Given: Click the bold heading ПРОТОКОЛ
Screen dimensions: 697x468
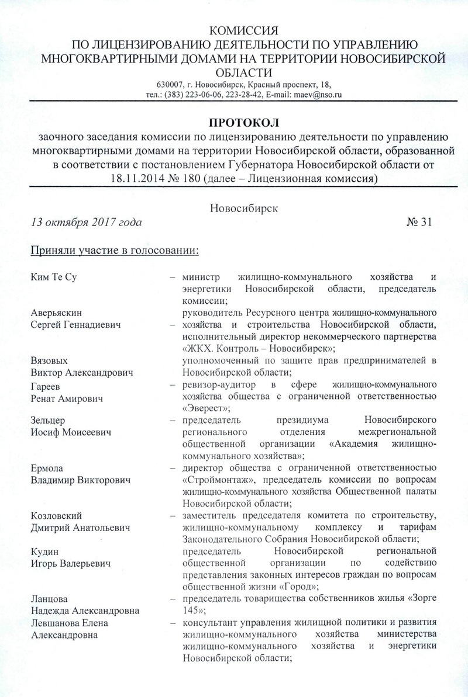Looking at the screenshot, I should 245,123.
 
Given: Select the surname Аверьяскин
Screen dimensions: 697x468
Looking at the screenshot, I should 55,314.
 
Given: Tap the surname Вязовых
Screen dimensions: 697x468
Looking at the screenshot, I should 49,360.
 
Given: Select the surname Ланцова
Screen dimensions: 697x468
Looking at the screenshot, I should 48,598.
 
